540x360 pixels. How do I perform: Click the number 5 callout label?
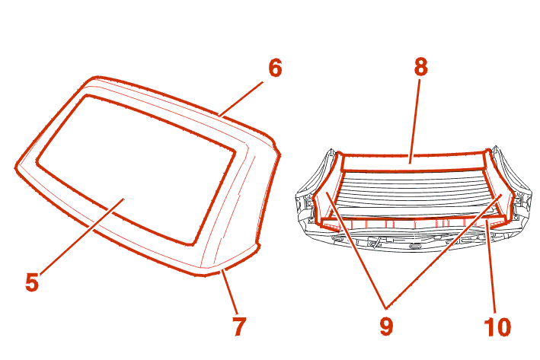[32, 282]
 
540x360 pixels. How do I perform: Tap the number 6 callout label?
[275, 68]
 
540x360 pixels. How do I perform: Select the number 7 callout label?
[238, 326]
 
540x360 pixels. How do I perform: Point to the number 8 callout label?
[421, 66]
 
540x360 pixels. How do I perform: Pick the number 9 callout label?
[386, 326]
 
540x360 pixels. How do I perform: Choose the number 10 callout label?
[497, 327]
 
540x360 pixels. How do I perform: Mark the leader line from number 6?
[241, 99]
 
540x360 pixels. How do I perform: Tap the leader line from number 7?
[230, 292]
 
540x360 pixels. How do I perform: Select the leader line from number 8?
[414, 122]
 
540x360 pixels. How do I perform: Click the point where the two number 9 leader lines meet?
[386, 308]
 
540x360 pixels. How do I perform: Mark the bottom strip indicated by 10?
[414, 222]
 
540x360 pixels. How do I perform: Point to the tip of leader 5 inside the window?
[124, 199]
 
